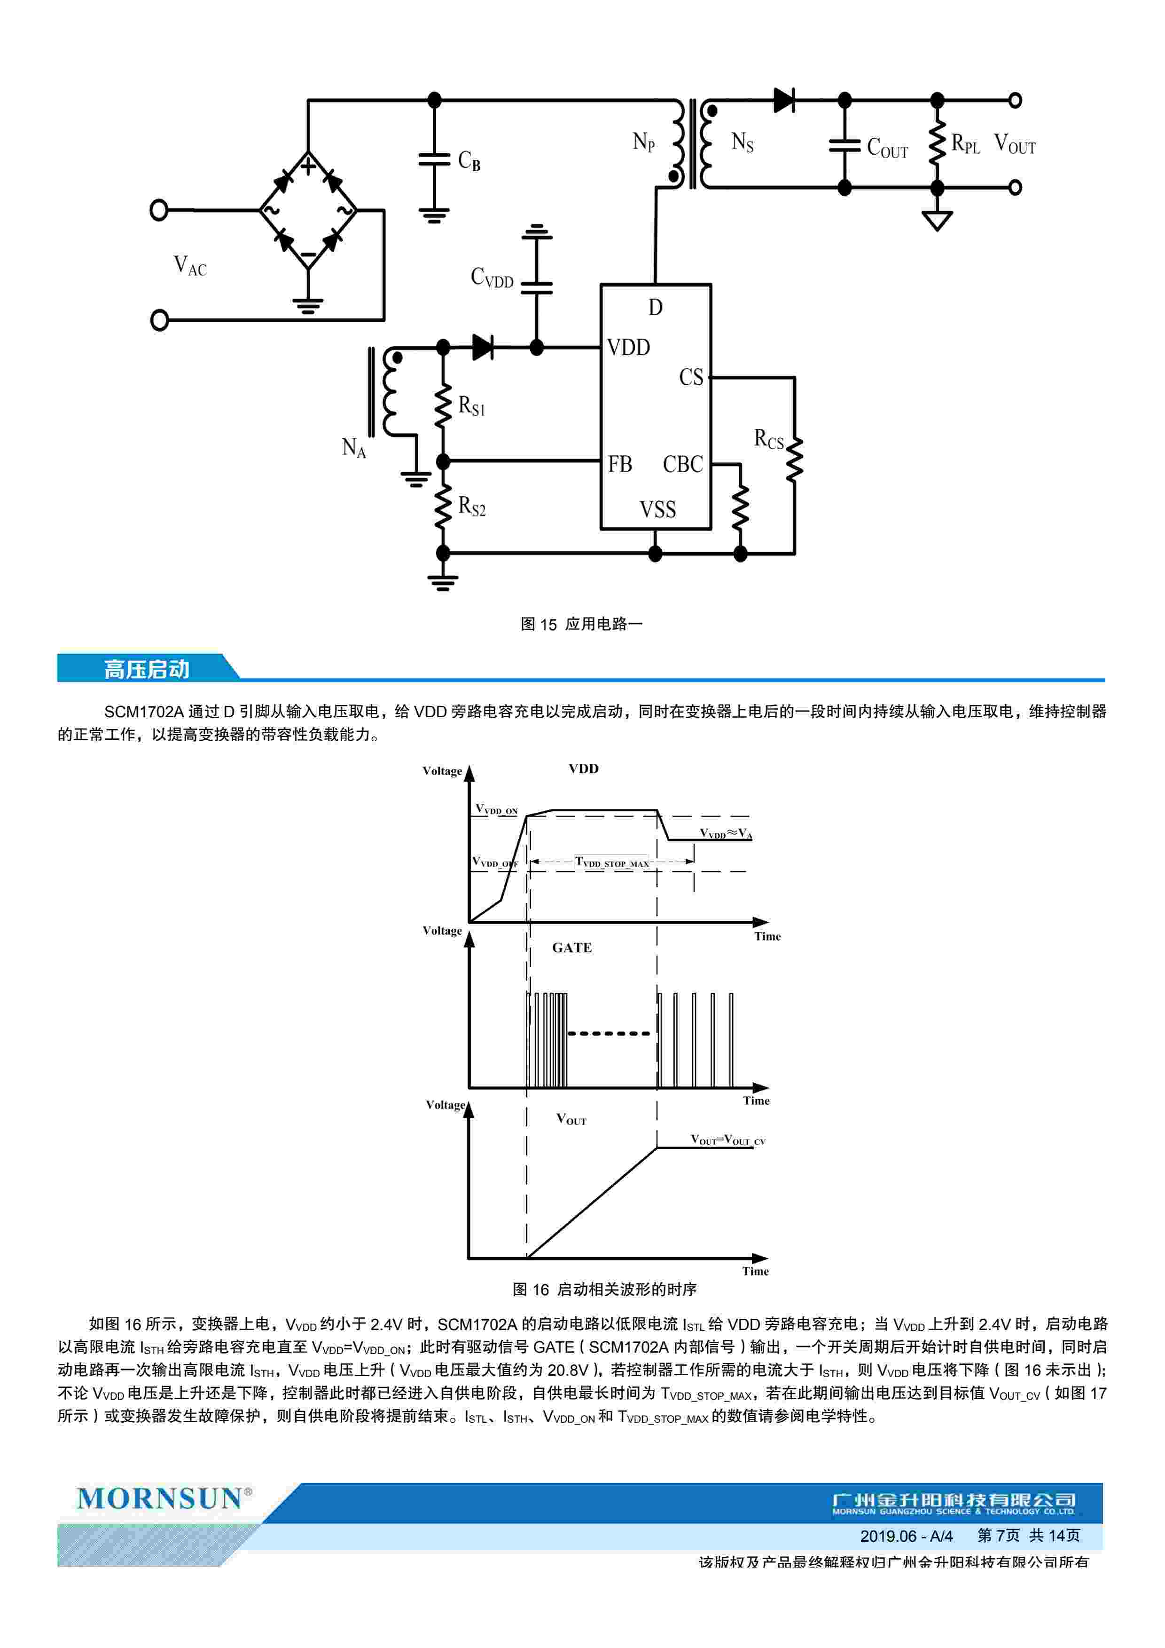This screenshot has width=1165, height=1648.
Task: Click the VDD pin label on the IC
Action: tap(628, 348)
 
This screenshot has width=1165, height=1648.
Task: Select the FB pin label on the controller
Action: tap(620, 464)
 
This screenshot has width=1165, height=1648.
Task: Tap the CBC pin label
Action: tap(682, 464)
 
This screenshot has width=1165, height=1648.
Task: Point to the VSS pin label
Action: tap(657, 510)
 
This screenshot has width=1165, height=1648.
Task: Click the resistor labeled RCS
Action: tap(794, 460)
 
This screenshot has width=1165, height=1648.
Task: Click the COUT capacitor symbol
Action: tap(844, 146)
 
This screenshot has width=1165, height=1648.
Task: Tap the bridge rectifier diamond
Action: tap(308, 210)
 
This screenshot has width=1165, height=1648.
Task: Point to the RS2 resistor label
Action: tap(471, 507)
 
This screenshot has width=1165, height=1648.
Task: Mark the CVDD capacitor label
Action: tap(492, 277)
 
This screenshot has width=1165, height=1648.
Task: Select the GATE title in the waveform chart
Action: tap(572, 947)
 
